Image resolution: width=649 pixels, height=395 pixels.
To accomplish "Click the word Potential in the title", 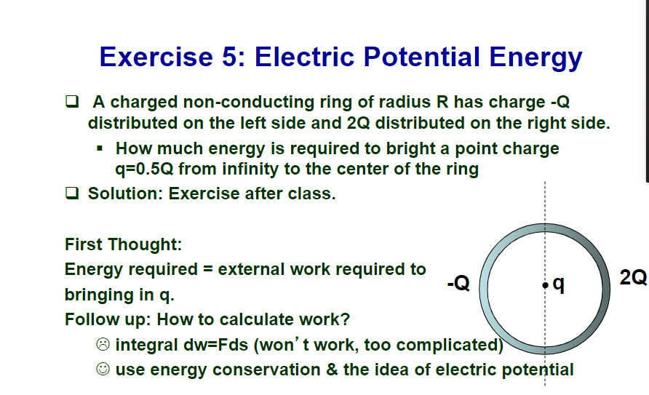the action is [x=422, y=56].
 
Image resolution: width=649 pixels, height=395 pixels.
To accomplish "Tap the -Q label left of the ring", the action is [x=458, y=283].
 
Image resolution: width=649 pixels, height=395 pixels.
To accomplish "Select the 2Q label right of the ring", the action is [x=633, y=277].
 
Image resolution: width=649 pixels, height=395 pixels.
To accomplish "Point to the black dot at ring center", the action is [x=545, y=285].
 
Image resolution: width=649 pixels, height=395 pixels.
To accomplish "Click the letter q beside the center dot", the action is [x=558, y=284].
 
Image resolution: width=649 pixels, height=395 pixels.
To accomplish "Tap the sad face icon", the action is [x=103, y=344].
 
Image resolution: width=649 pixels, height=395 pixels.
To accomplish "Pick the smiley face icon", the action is [x=103, y=369].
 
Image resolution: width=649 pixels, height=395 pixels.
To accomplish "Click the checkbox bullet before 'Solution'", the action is [x=72, y=193].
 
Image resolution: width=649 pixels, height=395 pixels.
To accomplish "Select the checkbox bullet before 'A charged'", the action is [x=72, y=101].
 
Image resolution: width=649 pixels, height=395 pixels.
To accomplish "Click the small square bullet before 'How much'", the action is [x=100, y=148].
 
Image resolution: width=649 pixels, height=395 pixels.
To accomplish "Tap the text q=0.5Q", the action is [x=144, y=169].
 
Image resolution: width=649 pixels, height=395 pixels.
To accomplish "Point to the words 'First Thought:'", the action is [x=124, y=244].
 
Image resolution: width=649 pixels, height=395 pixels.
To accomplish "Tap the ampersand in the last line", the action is [x=332, y=370].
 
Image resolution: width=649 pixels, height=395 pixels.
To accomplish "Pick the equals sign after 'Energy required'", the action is [x=208, y=269].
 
